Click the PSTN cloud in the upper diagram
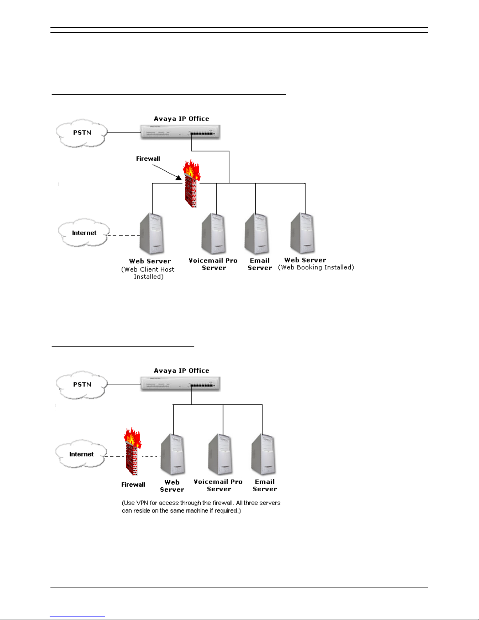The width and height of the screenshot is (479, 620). click(82, 133)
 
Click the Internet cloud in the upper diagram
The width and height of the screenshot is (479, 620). click(84, 232)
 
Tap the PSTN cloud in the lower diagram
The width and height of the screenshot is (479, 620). click(82, 385)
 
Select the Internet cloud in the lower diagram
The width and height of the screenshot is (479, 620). click(81, 454)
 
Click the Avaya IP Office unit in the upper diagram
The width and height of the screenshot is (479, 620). click(180, 132)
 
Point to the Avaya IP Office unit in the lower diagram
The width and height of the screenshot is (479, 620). click(180, 384)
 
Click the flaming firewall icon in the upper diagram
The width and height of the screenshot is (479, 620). click(191, 183)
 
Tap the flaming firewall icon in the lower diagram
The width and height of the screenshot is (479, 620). click(132, 451)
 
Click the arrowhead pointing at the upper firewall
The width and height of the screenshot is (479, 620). click(178, 178)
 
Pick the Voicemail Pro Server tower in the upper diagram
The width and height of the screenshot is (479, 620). click(214, 234)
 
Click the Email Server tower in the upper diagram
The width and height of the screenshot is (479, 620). click(257, 234)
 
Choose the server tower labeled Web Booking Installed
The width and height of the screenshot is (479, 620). click(303, 233)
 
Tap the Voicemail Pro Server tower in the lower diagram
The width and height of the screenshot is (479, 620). click(221, 455)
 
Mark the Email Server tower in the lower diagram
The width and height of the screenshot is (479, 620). click(264, 455)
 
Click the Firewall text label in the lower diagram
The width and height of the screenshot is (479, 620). click(133, 485)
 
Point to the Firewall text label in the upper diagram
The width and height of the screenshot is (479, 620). click(148, 159)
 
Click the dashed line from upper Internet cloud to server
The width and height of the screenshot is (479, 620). click(124, 235)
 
